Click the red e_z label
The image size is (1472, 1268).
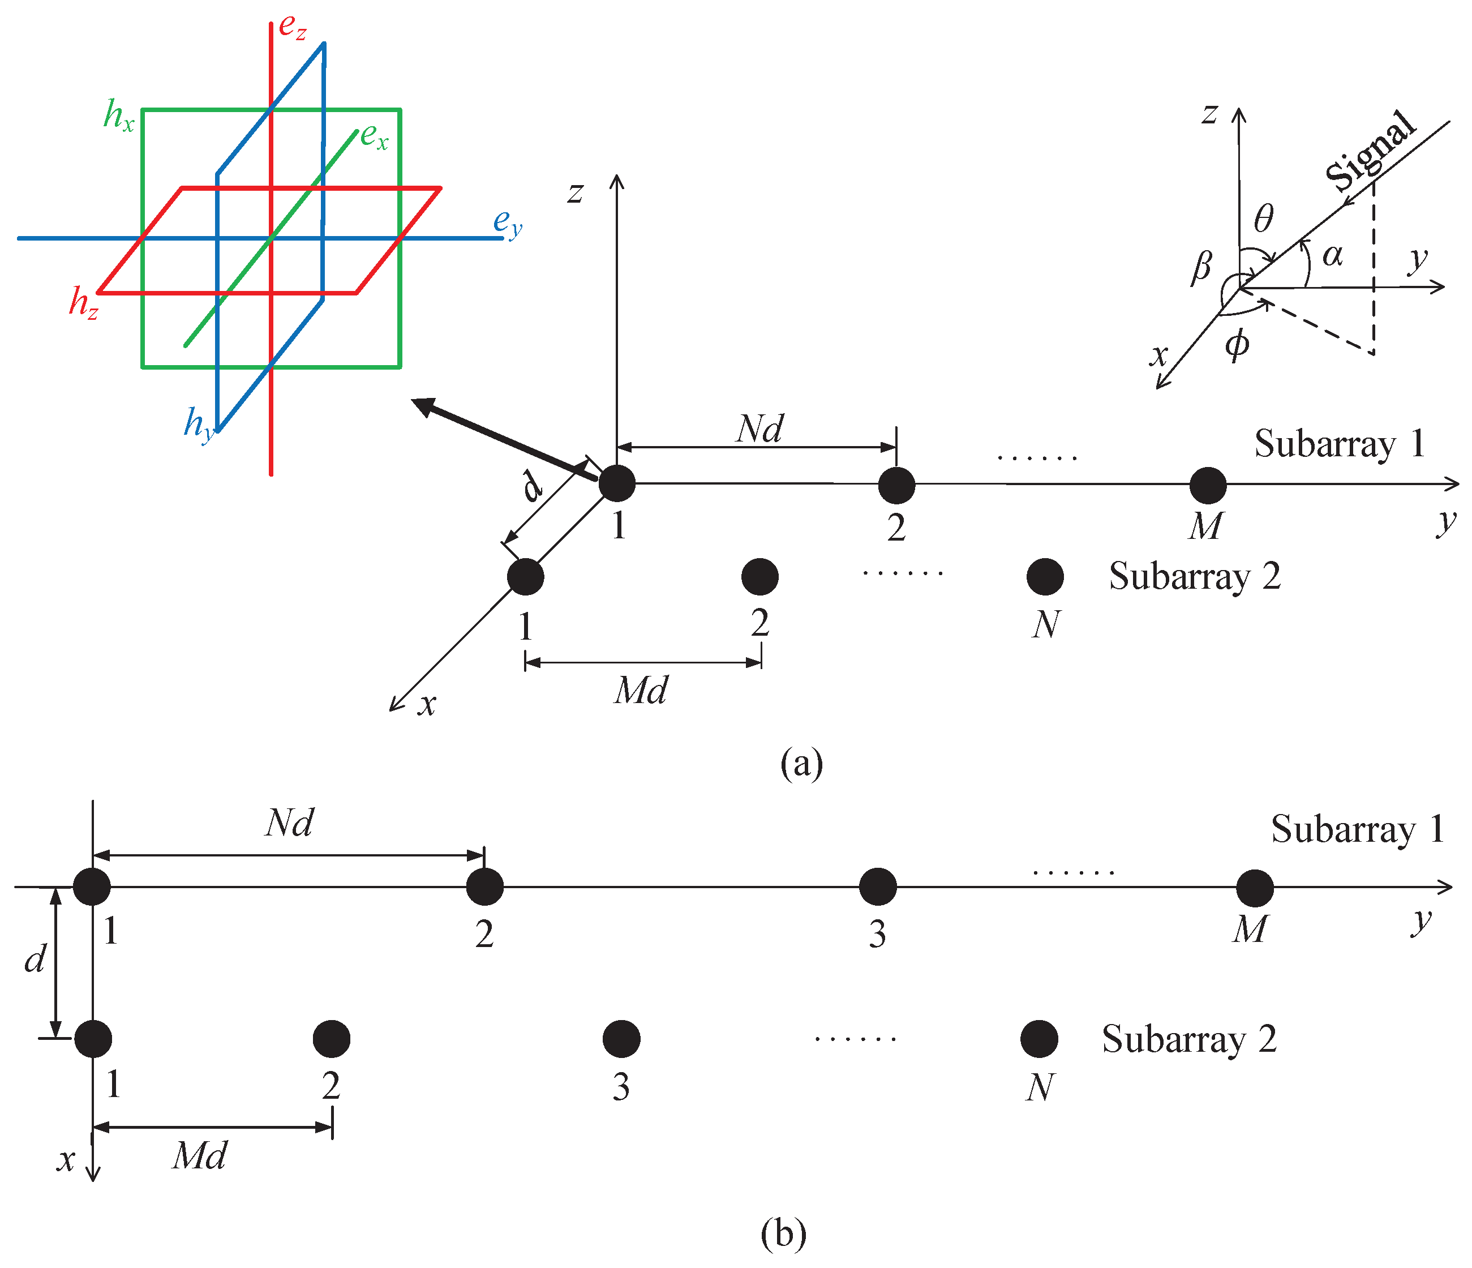click(292, 27)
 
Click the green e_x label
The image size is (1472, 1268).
click(374, 136)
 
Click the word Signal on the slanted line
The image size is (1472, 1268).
click(1370, 151)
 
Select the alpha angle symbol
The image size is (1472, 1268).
click(1332, 255)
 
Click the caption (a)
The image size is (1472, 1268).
click(801, 764)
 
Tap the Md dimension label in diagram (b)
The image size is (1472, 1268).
click(200, 1156)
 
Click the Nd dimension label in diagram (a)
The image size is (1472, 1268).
click(759, 429)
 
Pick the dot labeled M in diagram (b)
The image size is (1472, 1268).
click(1255, 888)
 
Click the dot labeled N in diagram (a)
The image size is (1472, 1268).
click(1045, 576)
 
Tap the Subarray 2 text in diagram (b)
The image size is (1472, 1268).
click(1189, 1039)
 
